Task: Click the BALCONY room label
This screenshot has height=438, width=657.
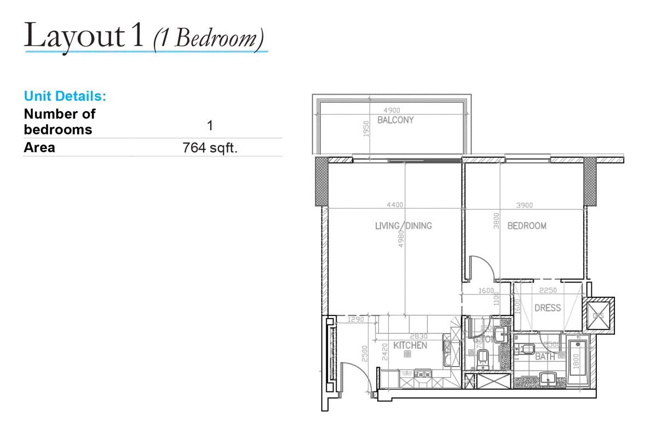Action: [x=395, y=120]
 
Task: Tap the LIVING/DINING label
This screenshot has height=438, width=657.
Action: [x=404, y=226]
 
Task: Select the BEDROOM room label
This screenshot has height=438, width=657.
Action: [x=527, y=226]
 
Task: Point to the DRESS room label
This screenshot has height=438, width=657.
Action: [x=547, y=308]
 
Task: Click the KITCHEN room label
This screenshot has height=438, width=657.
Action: [x=410, y=345]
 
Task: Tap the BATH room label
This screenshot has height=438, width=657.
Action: [x=545, y=356]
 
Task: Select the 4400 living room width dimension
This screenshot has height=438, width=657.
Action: [x=395, y=205]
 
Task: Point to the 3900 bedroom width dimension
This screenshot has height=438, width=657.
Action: [x=524, y=205]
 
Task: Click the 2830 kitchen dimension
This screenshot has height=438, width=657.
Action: [x=419, y=337]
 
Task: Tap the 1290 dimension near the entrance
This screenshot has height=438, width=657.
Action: [x=356, y=320]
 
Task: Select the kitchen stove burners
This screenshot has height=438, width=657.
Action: [x=423, y=374]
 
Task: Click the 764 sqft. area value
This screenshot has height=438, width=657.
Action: [x=210, y=148]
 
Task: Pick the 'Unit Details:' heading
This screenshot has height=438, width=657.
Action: [x=65, y=97]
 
